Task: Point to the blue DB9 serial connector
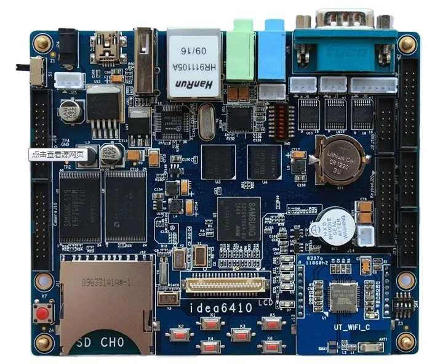(345, 38)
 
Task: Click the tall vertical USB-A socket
(145, 60)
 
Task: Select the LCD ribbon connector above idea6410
(226, 284)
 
